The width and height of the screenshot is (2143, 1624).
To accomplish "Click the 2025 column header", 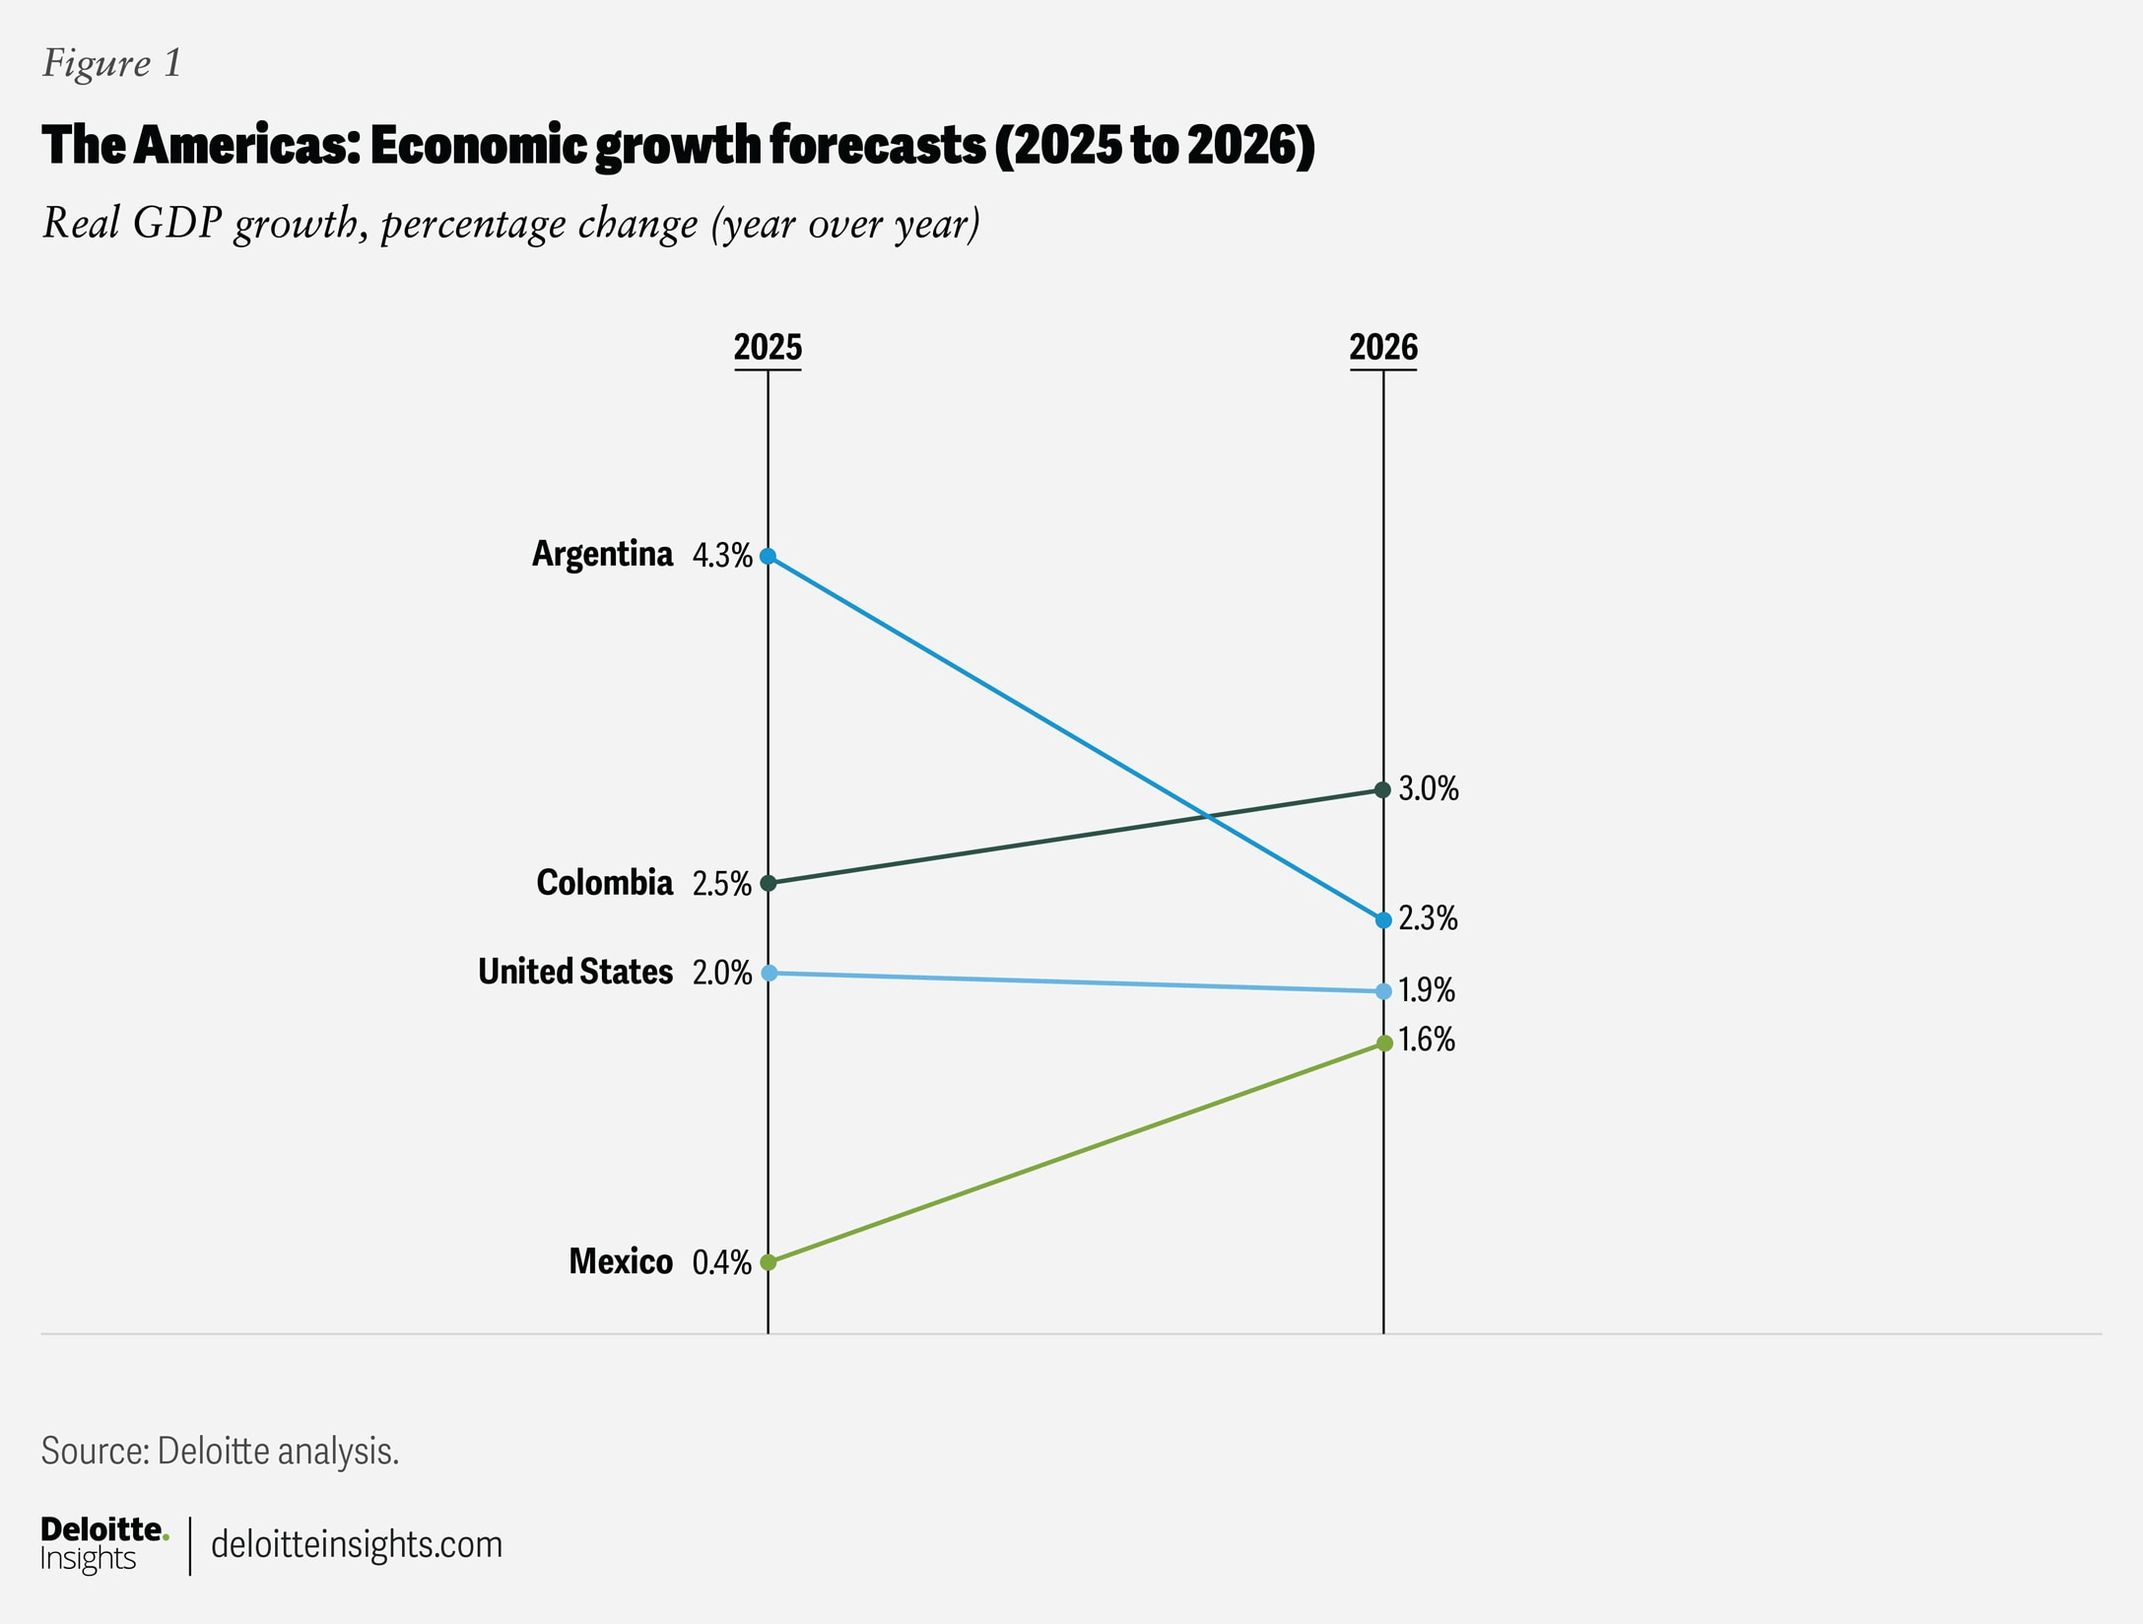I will (768, 348).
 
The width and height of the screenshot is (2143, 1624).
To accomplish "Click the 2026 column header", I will (1382, 348).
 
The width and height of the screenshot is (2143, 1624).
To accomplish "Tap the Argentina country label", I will (602, 554).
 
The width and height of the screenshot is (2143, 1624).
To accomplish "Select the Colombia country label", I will (604, 882).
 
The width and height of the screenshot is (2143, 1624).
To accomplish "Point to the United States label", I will (574, 972).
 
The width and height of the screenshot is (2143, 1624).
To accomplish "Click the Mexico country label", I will (620, 1261).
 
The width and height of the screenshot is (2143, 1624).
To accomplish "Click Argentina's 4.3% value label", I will (721, 556).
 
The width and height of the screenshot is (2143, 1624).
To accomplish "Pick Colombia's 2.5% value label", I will (721, 884).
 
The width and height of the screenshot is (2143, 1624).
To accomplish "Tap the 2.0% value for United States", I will (721, 974).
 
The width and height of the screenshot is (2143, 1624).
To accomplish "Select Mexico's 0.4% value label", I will (721, 1262).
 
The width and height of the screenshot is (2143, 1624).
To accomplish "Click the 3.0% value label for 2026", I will (1429, 788).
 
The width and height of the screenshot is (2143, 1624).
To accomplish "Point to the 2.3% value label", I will (1428, 918).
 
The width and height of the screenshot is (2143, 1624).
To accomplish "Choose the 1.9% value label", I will (1427, 990).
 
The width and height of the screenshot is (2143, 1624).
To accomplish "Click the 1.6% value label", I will (1427, 1041).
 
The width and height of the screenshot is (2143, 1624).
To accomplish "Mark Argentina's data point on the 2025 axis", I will (768, 557).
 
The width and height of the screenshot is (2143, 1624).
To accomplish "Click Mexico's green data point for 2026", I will (1383, 1043).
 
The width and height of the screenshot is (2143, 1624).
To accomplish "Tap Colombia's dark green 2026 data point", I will (1382, 789).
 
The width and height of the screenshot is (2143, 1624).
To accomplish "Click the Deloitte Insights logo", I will (103, 1543).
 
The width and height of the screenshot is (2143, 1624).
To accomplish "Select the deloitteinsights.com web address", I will (356, 1544).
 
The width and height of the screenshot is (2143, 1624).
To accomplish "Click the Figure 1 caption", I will (111, 63).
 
